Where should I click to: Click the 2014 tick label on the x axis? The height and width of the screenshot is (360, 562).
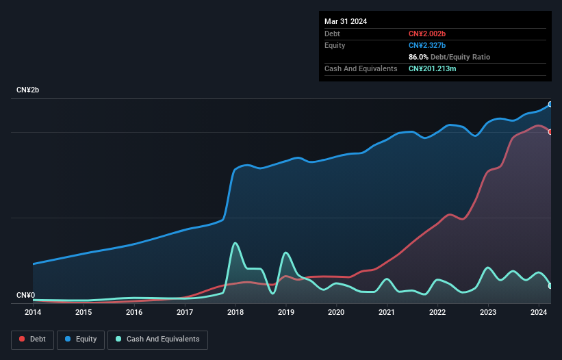33,312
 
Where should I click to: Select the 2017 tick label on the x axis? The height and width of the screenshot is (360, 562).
185,312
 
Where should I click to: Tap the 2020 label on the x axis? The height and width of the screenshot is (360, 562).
336,312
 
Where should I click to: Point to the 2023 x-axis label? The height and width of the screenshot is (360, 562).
488,312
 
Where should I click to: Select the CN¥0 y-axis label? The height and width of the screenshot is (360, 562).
25,296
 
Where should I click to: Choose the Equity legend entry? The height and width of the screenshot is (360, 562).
81,339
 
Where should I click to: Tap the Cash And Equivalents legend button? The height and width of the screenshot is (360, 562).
157,339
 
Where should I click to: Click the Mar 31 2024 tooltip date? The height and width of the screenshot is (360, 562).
346,21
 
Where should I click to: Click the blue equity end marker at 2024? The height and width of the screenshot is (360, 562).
550,104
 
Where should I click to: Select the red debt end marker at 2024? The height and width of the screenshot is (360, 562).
550,132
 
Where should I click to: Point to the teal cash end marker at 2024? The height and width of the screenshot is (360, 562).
550,285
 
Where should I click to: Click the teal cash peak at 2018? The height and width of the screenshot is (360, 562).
235,243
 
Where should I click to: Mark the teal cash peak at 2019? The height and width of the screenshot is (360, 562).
285,253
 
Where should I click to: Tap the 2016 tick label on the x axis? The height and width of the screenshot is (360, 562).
134,312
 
